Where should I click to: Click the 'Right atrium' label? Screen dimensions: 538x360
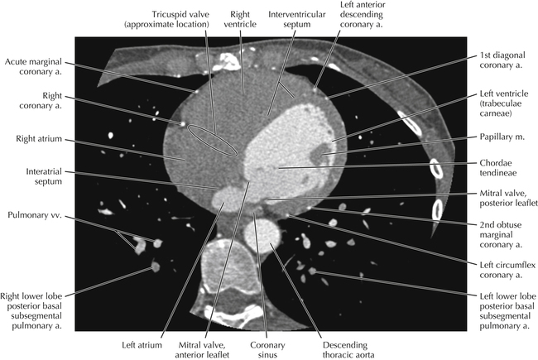tap(39, 139)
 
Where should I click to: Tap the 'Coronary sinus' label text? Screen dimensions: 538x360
tap(267, 350)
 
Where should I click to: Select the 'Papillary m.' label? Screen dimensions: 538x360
tap(502, 137)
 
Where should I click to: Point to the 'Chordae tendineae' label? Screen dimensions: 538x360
tap(497, 168)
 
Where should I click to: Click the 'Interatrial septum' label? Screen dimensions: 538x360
tap(44, 176)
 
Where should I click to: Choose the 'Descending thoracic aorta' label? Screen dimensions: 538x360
tap(348, 350)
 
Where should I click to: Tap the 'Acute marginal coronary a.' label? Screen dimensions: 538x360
tap(33, 66)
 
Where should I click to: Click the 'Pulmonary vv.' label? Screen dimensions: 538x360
tap(34, 215)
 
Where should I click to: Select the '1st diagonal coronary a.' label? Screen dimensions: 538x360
tap(502, 60)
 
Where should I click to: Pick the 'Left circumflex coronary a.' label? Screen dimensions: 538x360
tap(507, 270)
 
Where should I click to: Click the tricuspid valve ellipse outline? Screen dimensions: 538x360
tap(213, 141)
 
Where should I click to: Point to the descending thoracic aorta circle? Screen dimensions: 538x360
tap(262, 236)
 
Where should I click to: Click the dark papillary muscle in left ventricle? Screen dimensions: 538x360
tap(321, 154)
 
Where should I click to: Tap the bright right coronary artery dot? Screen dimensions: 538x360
tap(182, 123)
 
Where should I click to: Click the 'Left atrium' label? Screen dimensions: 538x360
tap(142, 345)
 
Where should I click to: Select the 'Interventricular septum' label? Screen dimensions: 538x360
tap(297, 19)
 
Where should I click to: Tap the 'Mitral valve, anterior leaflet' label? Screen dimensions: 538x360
tap(202, 350)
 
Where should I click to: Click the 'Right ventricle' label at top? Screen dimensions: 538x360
tap(240, 19)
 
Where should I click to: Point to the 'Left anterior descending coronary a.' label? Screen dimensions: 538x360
tap(362, 14)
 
